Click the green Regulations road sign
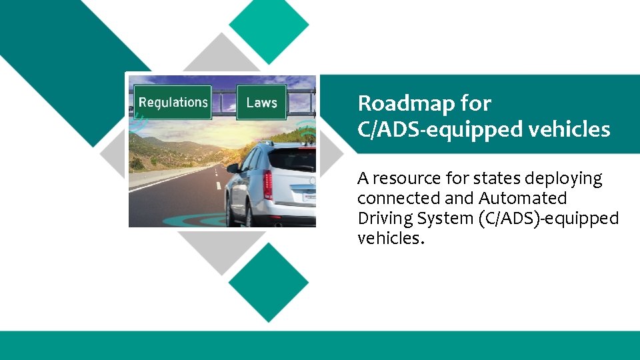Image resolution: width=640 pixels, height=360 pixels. (173, 103)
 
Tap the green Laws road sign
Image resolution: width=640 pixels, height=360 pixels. (261, 103)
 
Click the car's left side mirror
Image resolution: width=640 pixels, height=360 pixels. (233, 168)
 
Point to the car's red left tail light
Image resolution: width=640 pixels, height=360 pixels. (267, 185)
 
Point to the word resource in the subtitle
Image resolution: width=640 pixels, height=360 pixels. (403, 179)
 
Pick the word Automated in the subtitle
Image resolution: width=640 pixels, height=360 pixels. (523, 199)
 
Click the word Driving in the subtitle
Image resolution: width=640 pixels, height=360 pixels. (383, 219)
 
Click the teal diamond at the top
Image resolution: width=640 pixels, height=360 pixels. (269, 25)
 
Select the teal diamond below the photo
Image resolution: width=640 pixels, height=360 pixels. (269, 282)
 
